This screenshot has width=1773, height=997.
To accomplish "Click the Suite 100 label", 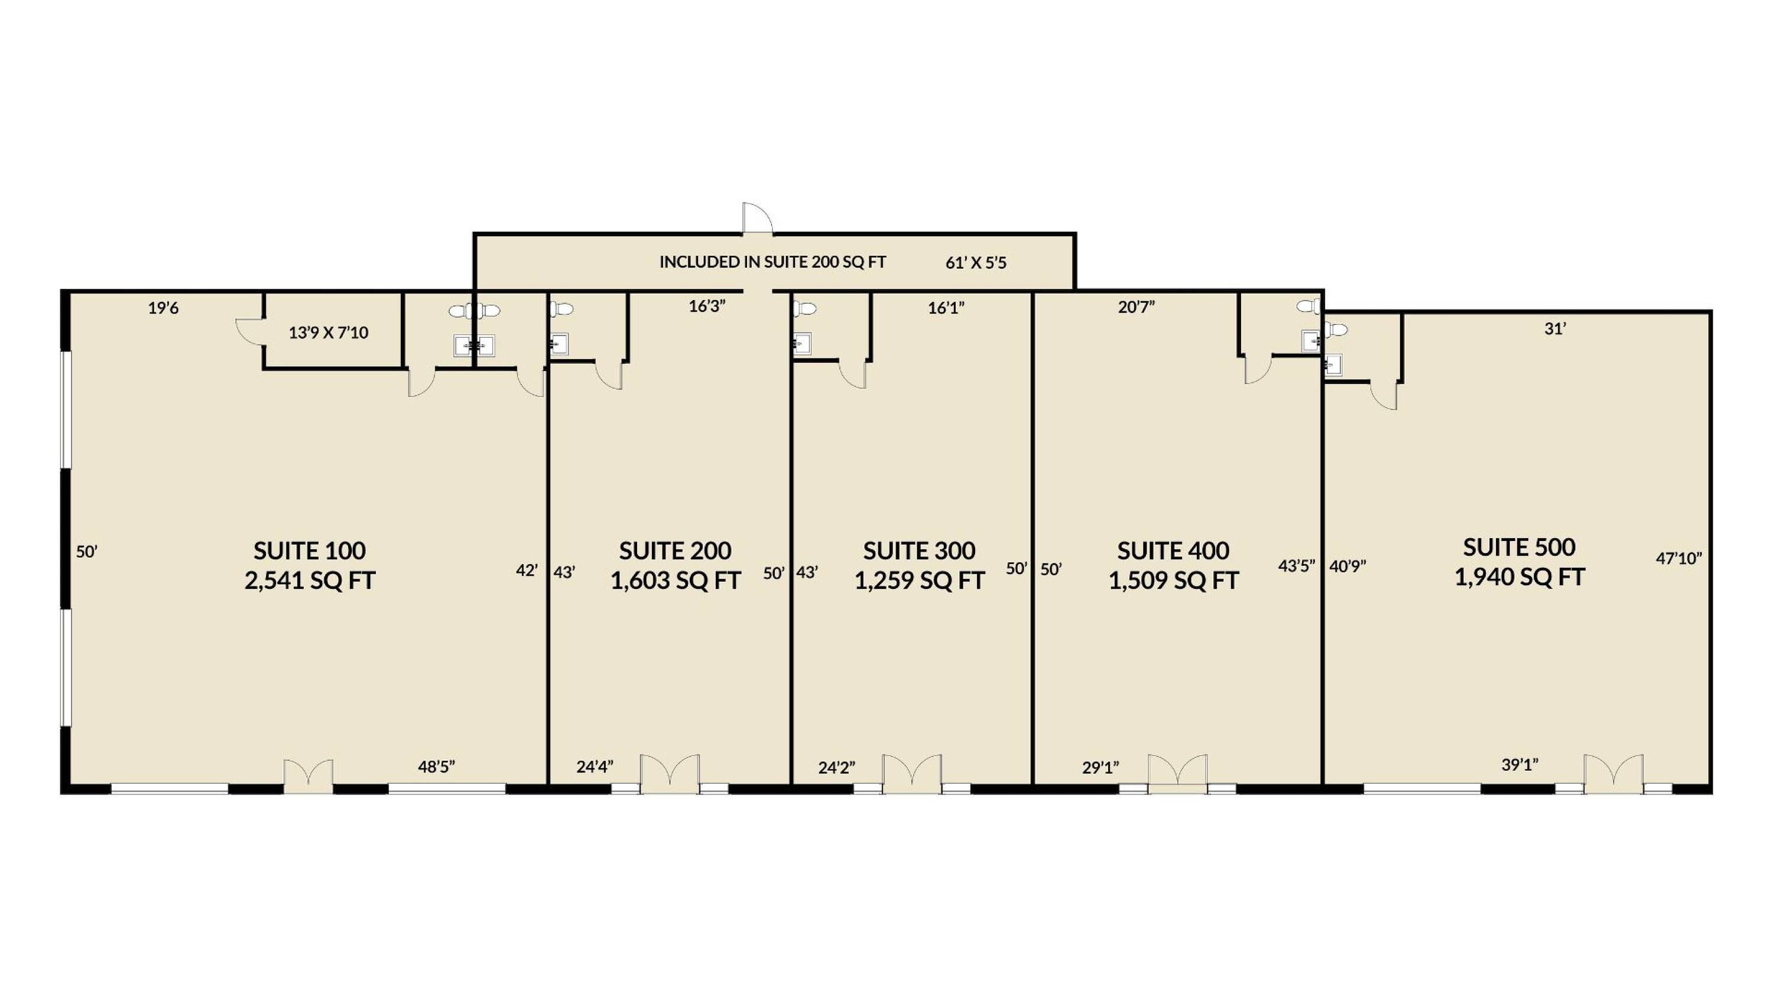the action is pyautogui.click(x=309, y=550).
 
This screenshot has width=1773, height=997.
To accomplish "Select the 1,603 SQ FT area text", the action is pyautogui.click(x=675, y=581).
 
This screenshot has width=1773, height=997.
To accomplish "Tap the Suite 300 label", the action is pyautogui.click(x=919, y=550).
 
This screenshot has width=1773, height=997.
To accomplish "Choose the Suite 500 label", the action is pyautogui.click(x=1519, y=547).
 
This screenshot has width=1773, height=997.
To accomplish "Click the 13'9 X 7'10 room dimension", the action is pyautogui.click(x=329, y=333).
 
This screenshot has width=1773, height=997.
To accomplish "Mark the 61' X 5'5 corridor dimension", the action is pyautogui.click(x=975, y=263).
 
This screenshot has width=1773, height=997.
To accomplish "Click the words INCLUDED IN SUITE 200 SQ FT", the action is pyautogui.click(x=772, y=262).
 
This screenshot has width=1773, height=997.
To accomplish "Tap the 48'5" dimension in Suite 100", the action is pyautogui.click(x=436, y=767).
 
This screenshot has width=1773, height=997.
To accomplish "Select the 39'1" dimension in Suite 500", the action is pyautogui.click(x=1519, y=764).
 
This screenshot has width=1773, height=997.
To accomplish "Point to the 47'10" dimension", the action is pyautogui.click(x=1678, y=558).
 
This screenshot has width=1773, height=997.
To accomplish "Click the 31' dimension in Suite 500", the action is pyautogui.click(x=1555, y=329).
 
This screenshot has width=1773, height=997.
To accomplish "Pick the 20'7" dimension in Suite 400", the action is pyautogui.click(x=1136, y=307).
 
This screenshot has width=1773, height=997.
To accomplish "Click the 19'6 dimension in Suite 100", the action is pyautogui.click(x=163, y=308).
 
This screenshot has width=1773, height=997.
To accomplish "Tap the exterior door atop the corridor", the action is pyautogui.click(x=757, y=219).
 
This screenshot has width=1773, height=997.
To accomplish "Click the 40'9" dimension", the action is pyautogui.click(x=1347, y=566).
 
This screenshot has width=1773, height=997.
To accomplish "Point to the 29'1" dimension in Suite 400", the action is pyautogui.click(x=1100, y=767).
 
